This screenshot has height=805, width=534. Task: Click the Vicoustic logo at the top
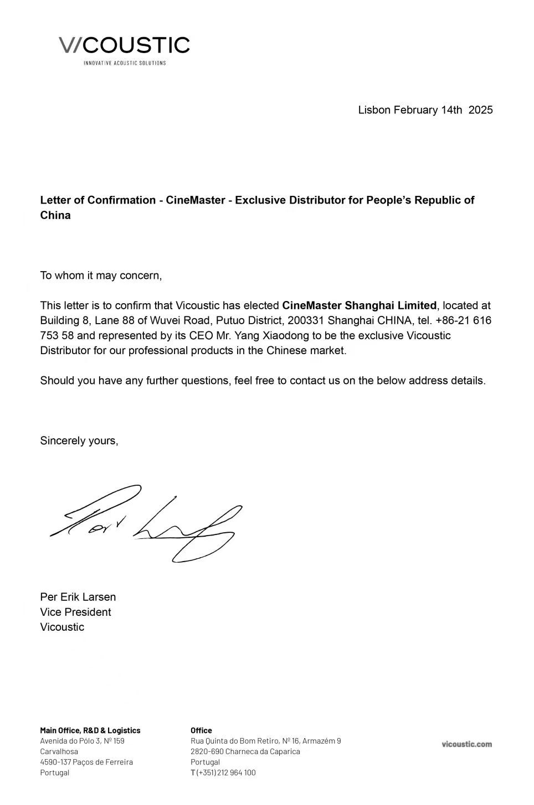tap(124, 45)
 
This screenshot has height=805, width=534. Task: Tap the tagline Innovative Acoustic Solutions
tap(125, 63)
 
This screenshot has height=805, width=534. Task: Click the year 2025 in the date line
tap(480, 110)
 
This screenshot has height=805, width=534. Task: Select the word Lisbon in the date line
tap(374, 110)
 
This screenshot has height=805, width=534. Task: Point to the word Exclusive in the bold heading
tap(260, 200)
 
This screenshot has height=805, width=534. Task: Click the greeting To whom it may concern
tap(101, 276)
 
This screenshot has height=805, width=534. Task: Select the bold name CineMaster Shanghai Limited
tap(359, 305)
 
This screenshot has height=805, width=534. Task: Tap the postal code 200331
tap(306, 320)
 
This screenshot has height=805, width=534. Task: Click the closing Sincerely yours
tap(79, 441)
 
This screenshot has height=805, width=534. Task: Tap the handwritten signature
tap(147, 522)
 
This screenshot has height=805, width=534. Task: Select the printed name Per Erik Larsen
tap(78, 597)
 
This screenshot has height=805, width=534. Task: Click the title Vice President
tap(75, 612)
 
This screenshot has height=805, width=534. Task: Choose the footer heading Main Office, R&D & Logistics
tap(90, 730)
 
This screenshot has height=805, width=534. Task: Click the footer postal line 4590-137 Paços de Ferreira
tap(86, 762)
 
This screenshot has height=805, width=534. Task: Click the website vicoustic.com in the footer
tap(466, 744)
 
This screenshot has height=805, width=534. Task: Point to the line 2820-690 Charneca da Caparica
tap(245, 751)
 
